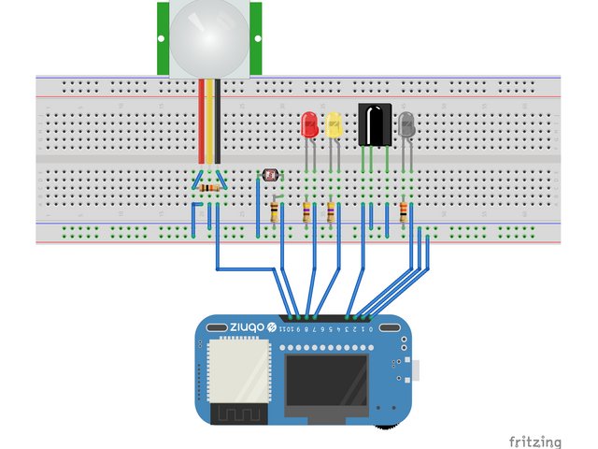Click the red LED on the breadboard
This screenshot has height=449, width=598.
point(309,124)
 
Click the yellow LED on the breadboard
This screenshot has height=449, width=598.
point(333,124)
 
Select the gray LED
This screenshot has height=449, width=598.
point(406,124)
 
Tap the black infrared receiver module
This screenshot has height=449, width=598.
point(375,124)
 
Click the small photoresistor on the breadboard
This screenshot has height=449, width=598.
point(271,175)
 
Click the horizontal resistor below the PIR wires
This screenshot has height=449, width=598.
point(210,188)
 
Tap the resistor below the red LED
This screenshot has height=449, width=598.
point(306,213)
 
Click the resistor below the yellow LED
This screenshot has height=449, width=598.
point(330,213)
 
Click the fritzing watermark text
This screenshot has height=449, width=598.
point(535,441)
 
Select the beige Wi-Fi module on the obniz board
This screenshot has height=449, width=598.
point(237,370)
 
